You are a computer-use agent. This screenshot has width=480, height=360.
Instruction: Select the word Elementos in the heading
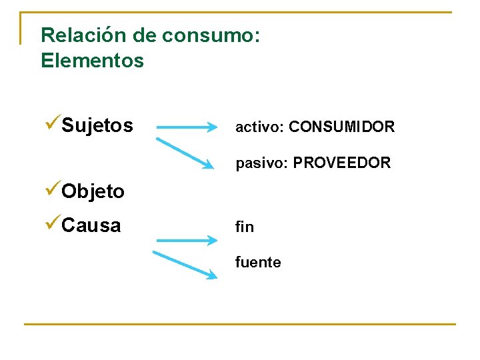click(x=92, y=61)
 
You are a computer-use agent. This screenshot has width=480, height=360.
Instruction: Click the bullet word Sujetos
click(x=97, y=125)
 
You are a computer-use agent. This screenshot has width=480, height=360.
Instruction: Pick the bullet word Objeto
click(x=93, y=191)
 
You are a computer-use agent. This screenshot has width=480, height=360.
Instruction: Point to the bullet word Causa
click(x=91, y=225)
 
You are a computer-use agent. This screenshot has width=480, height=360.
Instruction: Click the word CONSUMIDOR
click(x=343, y=127)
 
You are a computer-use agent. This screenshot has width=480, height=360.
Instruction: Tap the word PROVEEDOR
click(x=342, y=163)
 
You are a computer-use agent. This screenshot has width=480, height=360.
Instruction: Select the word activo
click(x=259, y=127)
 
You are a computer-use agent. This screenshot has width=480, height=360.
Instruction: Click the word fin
click(x=244, y=227)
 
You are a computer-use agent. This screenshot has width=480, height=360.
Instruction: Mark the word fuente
click(x=258, y=263)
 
